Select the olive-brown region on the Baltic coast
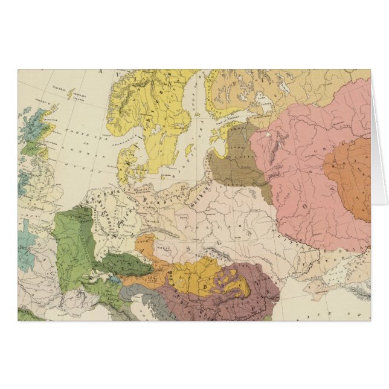tap(237, 160)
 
